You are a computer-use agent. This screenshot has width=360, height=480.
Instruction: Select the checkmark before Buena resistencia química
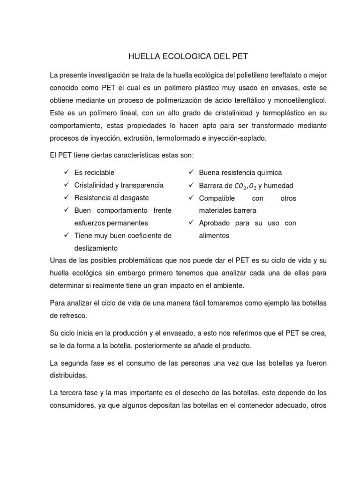tap(191, 173)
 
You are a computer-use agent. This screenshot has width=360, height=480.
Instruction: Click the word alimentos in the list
tap(214, 236)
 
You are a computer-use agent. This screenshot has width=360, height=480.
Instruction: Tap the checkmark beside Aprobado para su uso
tap(191, 223)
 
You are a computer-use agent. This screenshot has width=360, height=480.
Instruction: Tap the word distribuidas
tap(68, 376)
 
